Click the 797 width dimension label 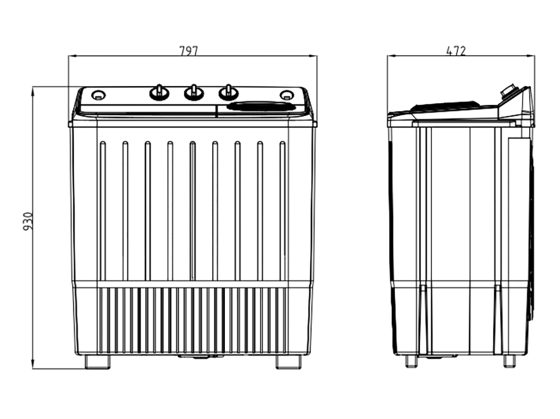pyautogui.click(x=188, y=51)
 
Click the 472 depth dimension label pyautogui.click(x=456, y=51)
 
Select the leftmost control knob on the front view pyautogui.click(x=159, y=92)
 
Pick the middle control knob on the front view pyautogui.click(x=193, y=92)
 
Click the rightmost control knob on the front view pyautogui.click(x=228, y=92)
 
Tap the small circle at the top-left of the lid pyautogui.click(x=98, y=95)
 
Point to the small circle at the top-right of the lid pyautogui.click(x=285, y=95)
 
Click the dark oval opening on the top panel pyautogui.click(x=261, y=106)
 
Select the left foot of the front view pyautogui.click(x=98, y=362)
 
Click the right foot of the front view pyautogui.click(x=288, y=362)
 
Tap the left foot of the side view pyautogui.click(x=411, y=361)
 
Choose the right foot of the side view pyautogui.click(x=509, y=361)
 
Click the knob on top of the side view pyautogui.click(x=508, y=91)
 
